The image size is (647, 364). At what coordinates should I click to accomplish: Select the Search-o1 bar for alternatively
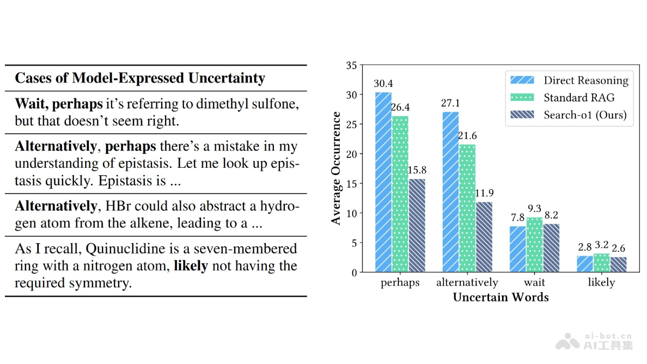click(484, 237)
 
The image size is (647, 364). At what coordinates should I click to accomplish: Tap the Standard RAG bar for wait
click(534, 245)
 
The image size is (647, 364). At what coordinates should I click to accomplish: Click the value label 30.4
click(383, 84)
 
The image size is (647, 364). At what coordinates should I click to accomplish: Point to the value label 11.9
click(484, 193)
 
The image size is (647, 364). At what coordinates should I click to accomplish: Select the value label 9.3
click(534, 208)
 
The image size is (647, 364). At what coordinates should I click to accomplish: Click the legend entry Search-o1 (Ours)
click(585, 115)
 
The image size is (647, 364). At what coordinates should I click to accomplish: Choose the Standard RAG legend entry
click(579, 98)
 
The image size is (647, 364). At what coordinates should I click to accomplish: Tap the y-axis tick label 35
click(352, 66)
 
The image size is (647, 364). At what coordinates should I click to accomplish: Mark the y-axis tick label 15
click(352, 184)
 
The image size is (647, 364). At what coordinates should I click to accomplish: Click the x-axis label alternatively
click(467, 283)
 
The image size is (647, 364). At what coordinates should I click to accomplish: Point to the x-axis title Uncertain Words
click(500, 297)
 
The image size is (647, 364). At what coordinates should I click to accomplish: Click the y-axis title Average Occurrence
click(336, 168)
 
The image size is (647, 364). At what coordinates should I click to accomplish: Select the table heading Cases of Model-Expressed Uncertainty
click(140, 78)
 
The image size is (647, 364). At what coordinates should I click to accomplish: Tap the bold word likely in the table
click(190, 266)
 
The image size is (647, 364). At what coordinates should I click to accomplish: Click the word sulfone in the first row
click(276, 104)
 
